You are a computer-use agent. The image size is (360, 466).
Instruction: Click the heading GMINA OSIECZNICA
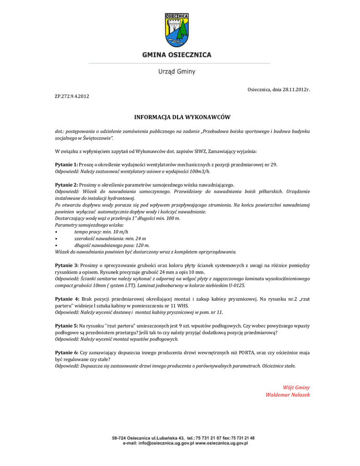(x=177, y=55)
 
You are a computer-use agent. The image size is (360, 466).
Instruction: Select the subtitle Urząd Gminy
(x=177, y=71)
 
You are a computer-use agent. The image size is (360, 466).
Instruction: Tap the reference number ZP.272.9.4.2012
(x=72, y=96)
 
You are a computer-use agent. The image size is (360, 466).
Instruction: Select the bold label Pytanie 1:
(x=66, y=164)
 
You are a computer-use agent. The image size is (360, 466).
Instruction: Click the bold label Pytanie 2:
(x=66, y=185)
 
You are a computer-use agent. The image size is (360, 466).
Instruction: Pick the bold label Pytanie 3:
(x=66, y=265)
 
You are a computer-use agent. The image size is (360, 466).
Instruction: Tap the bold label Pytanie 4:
(x=66, y=299)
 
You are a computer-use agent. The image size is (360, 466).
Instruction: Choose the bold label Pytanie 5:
(x=66, y=326)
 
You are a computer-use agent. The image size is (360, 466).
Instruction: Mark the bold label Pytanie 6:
(x=66, y=353)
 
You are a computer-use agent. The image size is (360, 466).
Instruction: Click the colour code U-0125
(x=235, y=285)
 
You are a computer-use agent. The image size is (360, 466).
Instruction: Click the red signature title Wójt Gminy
(x=296, y=388)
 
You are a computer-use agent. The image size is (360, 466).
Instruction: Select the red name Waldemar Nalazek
(x=288, y=395)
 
